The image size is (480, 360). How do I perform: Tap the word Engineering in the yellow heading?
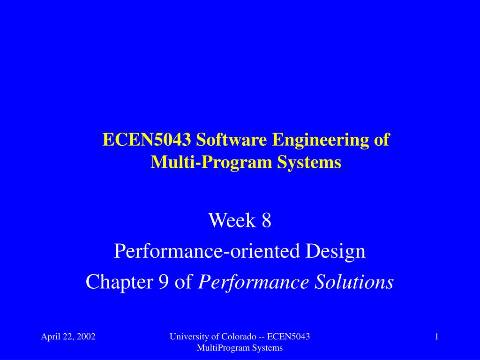[x=319, y=140]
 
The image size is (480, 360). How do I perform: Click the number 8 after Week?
[x=266, y=220]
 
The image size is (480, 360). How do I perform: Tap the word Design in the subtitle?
[x=336, y=251]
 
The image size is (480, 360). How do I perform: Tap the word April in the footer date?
[x=51, y=336]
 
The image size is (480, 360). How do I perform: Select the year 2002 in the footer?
[x=86, y=336]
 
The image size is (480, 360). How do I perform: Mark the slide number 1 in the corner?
[x=436, y=336]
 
